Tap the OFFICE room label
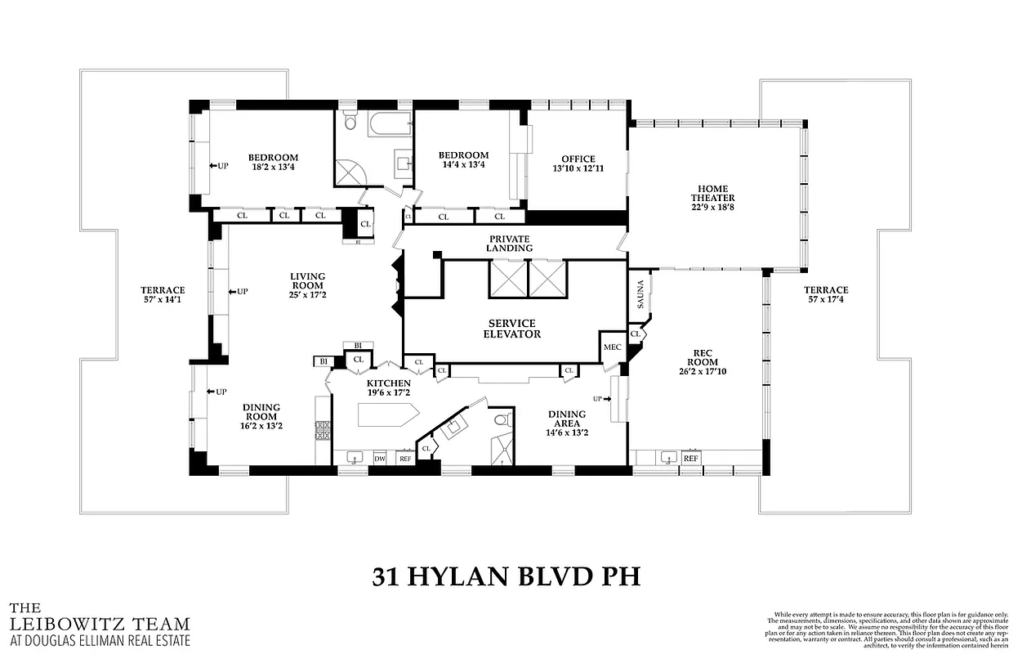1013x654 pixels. [x=578, y=159]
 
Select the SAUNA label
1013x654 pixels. [x=640, y=293]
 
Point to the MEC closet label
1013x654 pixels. [x=612, y=347]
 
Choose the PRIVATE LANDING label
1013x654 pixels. [x=510, y=243]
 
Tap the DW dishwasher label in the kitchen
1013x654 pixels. [x=380, y=459]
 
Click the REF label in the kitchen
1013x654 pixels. [x=404, y=459]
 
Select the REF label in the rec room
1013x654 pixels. [x=691, y=459]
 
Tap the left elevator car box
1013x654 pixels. [x=507, y=279]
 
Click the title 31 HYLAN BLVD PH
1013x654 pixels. [x=506, y=576]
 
